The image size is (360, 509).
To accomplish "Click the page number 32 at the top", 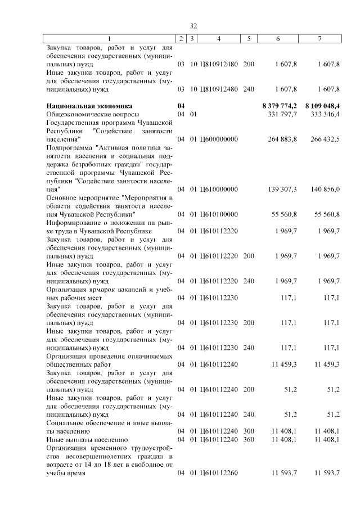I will pyautogui.click(x=193, y=26).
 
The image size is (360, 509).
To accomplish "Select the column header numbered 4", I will pyautogui.click(x=218, y=39).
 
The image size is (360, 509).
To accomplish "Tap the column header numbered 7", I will pyautogui.click(x=319, y=39).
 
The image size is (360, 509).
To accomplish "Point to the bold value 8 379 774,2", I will pyautogui.click(x=280, y=105).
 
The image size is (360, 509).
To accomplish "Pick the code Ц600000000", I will pyautogui.click(x=218, y=138).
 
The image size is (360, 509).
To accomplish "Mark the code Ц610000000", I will pyautogui.click(x=218, y=190).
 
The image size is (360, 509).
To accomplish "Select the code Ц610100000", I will pyautogui.click(x=218, y=214).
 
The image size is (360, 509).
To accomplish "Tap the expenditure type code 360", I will pyautogui.click(x=249, y=439).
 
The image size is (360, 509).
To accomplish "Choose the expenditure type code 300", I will pyautogui.click(x=249, y=431).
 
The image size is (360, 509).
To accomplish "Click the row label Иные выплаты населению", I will pyautogui.click(x=82, y=439).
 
